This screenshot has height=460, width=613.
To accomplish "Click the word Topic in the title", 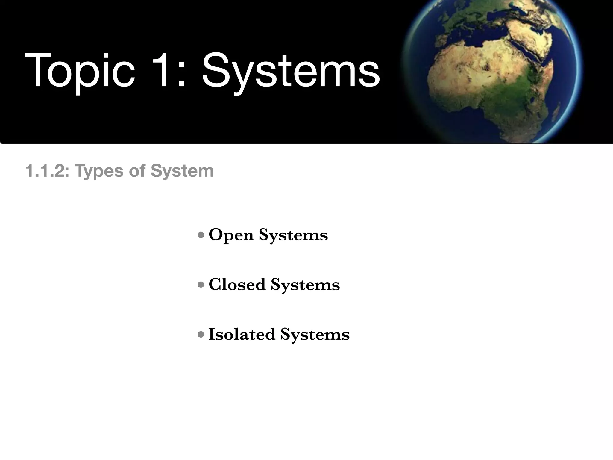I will (79, 71).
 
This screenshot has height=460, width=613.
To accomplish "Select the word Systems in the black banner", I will (290, 72).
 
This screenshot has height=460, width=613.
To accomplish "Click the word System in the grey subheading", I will (182, 171).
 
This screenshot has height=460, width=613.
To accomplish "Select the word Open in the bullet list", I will (231, 235).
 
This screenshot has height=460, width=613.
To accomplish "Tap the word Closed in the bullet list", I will (237, 284).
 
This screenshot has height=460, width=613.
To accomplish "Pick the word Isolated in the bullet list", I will (242, 334).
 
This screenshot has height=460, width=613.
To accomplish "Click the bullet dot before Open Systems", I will (201, 235).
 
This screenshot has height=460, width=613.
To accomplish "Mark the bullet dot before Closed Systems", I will (201, 284).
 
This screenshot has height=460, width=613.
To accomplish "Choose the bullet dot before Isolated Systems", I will (201, 334).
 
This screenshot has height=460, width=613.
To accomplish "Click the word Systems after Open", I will (293, 235).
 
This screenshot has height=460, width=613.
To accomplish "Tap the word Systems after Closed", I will (305, 285).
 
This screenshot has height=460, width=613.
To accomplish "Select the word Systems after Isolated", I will (315, 334).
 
